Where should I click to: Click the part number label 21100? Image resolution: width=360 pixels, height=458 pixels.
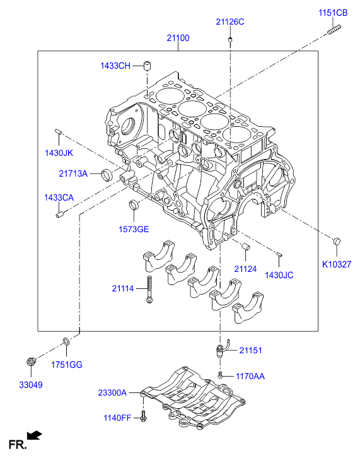pos(178,38)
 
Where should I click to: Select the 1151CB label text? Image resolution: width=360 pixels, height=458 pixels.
pos(332,12)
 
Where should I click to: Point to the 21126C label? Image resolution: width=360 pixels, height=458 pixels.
pos(229,21)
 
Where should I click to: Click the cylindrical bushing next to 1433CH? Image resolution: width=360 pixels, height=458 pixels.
pos(149,66)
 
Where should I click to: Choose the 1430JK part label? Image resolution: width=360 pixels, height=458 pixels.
pos(59,153)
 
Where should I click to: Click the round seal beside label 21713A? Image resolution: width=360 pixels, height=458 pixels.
pos(109,173)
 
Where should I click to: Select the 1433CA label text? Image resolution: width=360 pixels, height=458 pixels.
pos(59,197)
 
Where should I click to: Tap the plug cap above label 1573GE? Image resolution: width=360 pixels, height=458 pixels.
pos(134,205)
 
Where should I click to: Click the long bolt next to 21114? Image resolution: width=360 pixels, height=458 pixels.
pos(149,290)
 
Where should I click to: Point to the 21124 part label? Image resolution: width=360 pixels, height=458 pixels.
pos(246,269)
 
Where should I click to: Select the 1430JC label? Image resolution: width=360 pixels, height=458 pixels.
pos(279,275)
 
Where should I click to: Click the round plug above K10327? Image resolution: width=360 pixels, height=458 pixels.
pos(337,241)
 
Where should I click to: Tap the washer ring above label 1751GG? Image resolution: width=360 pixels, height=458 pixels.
pos(66,343)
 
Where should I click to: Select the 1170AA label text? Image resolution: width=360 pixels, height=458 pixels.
pos(250,376)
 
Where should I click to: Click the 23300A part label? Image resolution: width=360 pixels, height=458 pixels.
pos(112,392)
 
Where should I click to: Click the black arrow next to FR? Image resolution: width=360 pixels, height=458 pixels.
pos(35,435)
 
